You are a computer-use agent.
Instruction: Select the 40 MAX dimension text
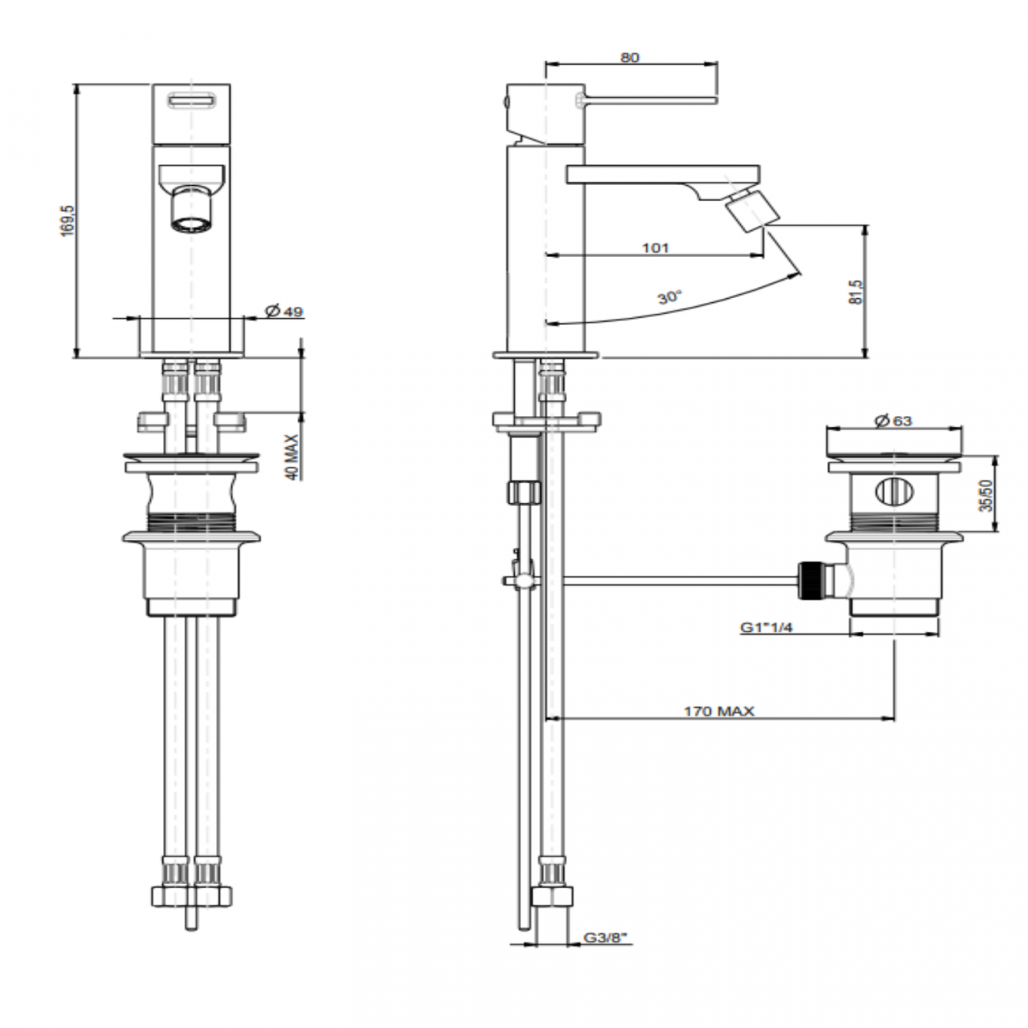click(x=292, y=457)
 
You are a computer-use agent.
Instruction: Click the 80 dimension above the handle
click(x=630, y=57)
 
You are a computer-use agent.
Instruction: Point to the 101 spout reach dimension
click(x=655, y=248)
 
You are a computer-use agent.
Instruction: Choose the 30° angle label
click(x=668, y=298)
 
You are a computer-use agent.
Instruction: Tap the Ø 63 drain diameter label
click(x=894, y=421)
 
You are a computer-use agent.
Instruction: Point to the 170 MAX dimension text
click(x=719, y=711)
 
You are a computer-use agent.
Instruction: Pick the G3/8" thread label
click(x=606, y=938)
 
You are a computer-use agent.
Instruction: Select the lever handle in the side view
click(x=648, y=99)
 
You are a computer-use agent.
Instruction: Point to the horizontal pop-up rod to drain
click(x=680, y=581)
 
